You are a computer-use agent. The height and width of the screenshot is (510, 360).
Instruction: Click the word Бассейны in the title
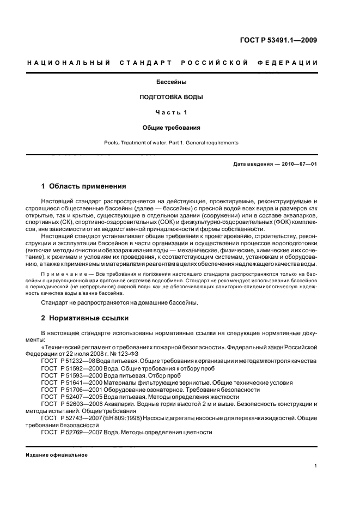click(x=172, y=83)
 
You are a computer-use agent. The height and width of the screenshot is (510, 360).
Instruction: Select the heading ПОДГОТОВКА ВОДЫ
click(x=172, y=98)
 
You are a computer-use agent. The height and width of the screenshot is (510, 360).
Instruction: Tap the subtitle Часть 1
click(x=172, y=113)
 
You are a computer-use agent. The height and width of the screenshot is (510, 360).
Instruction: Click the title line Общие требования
click(x=172, y=127)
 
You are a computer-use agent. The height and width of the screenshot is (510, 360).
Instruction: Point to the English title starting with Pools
click(x=172, y=143)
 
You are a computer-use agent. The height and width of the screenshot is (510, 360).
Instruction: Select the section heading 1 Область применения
click(x=84, y=186)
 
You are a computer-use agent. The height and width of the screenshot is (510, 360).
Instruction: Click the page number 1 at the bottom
click(x=316, y=466)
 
